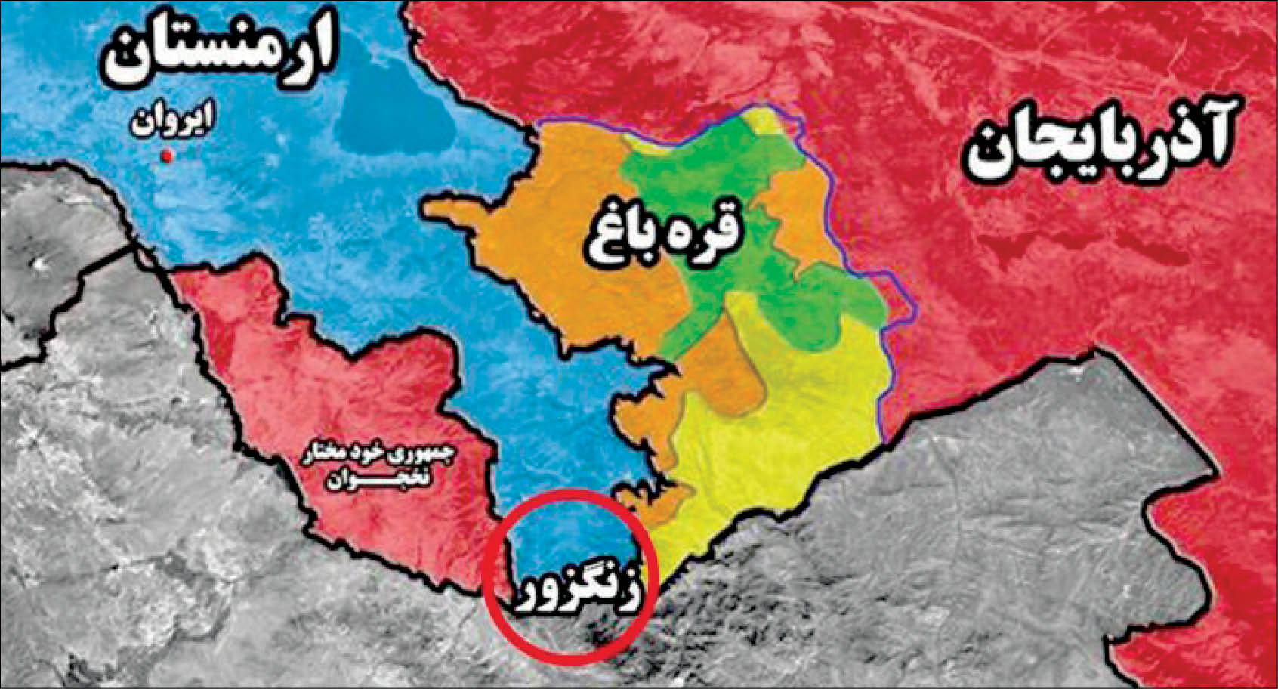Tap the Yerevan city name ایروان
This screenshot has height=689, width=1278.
pyautogui.click(x=172, y=121)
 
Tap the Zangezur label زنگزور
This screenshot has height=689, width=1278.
pyautogui.click(x=576, y=595)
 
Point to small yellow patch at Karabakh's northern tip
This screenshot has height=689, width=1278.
pyautogui.click(x=767, y=121)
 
